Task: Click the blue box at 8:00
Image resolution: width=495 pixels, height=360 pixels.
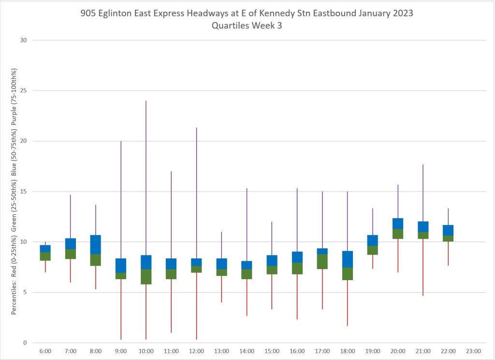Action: (x=96, y=244)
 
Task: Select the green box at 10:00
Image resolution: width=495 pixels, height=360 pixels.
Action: (x=146, y=276)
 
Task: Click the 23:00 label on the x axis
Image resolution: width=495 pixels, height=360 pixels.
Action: (x=473, y=351)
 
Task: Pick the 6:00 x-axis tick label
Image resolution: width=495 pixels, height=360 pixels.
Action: (x=45, y=351)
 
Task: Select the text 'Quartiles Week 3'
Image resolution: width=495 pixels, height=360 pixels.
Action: (x=247, y=26)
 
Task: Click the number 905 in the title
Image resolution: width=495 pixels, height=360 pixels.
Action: (x=88, y=14)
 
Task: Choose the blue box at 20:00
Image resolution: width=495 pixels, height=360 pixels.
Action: (x=397, y=224)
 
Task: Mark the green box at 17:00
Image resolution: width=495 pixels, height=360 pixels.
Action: (x=322, y=261)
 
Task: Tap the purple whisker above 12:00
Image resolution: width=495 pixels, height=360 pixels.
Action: (x=196, y=193)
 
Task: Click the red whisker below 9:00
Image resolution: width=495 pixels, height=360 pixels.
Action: (x=121, y=309)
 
